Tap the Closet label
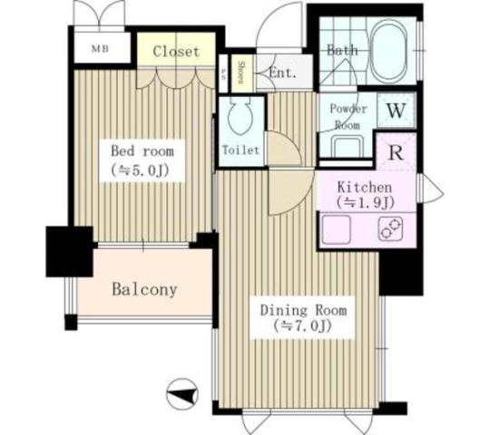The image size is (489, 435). (176, 51)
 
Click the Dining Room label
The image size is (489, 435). (303, 309)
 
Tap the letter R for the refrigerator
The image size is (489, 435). (396, 151)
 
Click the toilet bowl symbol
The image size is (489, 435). (240, 120)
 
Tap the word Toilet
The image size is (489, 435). (240, 150)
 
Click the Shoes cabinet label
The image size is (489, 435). (242, 72)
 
